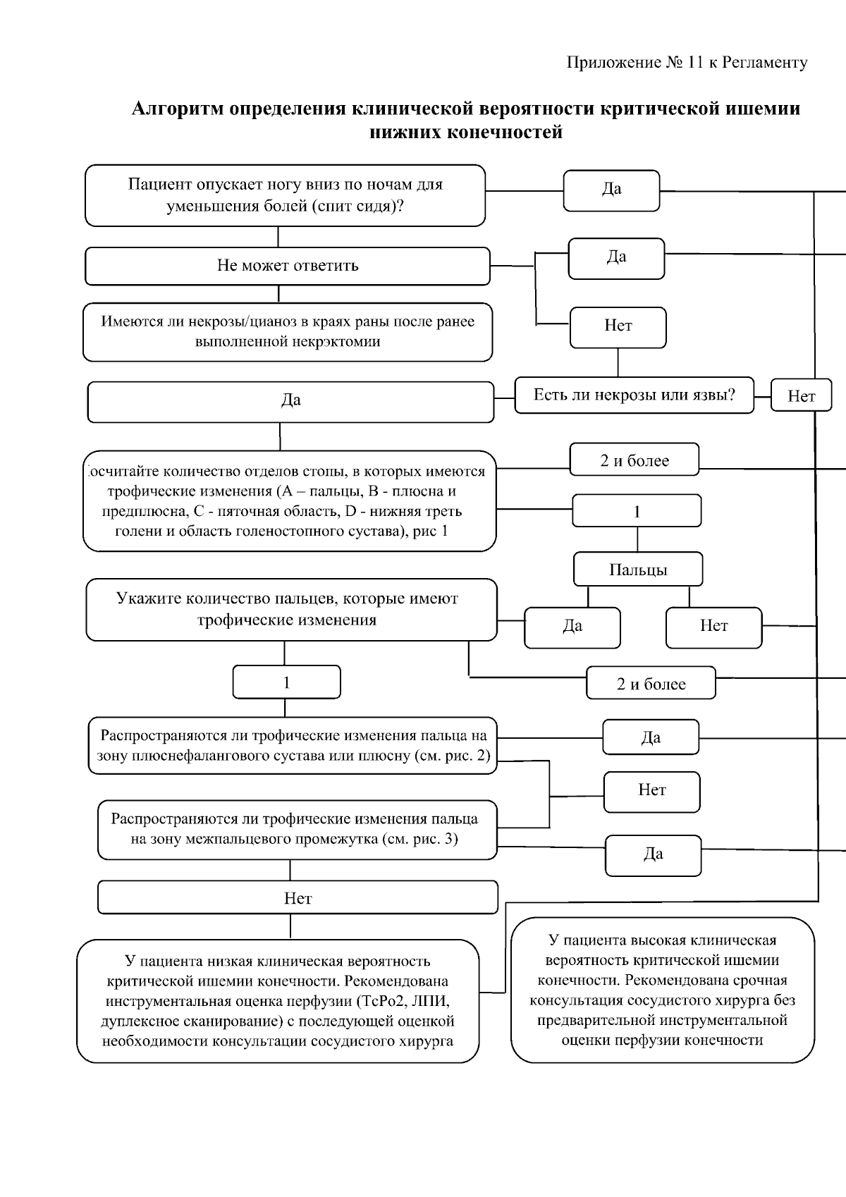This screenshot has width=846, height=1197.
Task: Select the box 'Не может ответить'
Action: tap(288, 266)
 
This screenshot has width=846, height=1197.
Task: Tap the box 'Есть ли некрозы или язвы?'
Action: tap(634, 395)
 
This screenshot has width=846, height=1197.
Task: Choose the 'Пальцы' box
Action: tap(638, 570)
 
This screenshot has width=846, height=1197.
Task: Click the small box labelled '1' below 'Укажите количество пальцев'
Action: tap(286, 682)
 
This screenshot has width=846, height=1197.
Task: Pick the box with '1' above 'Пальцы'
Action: tap(637, 511)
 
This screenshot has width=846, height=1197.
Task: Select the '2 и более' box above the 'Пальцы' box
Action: tap(634, 460)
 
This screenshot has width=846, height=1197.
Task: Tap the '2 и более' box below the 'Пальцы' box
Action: tap(651, 684)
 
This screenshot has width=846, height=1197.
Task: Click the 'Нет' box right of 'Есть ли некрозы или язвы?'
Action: tap(801, 396)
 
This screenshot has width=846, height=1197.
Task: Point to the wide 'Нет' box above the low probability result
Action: tap(298, 898)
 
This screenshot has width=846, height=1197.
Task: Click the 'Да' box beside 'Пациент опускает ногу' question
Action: tap(611, 190)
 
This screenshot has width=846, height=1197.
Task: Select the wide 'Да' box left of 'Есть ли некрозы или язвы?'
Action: tap(290, 400)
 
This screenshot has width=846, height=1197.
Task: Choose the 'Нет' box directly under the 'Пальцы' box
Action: tap(713, 626)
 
